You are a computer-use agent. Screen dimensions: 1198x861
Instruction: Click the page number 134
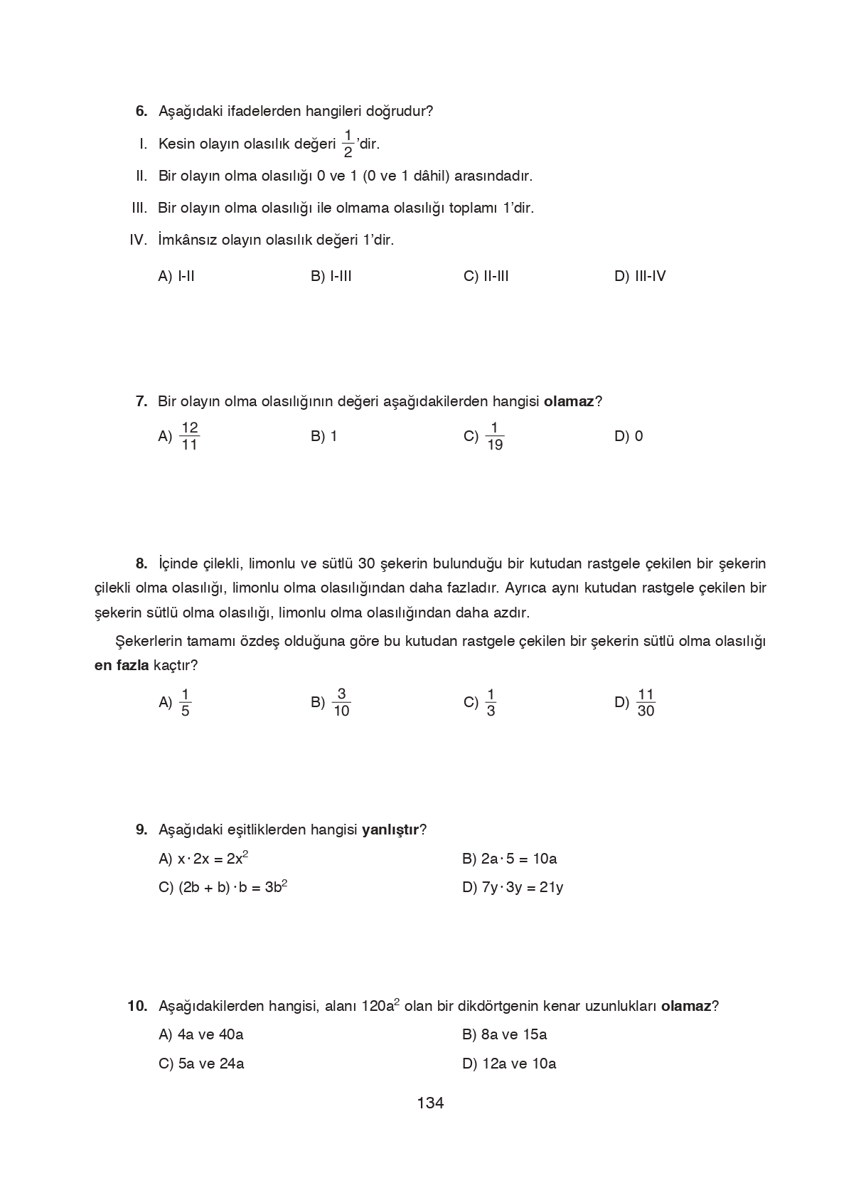tap(430, 1103)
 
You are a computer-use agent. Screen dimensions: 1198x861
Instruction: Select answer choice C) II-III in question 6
tap(486, 276)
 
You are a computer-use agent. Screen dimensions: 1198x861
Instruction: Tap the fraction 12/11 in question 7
tap(189, 436)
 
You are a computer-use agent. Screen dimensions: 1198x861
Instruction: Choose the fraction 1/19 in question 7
tap(494, 436)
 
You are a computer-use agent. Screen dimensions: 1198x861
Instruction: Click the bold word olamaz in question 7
tap(568, 401)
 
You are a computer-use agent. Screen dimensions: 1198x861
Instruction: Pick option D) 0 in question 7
tap(629, 436)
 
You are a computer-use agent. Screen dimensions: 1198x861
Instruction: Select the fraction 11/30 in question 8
tap(646, 702)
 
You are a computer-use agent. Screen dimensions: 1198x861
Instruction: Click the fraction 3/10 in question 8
tap(341, 702)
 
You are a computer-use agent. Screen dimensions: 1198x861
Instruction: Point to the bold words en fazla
tap(122, 665)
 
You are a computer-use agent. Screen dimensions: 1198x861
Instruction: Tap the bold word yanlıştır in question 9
tap(390, 829)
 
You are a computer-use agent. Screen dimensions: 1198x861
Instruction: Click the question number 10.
tap(137, 1006)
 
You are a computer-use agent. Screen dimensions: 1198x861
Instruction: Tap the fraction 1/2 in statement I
tap(348, 143)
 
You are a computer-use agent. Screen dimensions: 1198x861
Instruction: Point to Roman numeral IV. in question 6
tap(138, 240)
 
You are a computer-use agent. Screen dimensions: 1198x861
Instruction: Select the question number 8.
tap(141, 563)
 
